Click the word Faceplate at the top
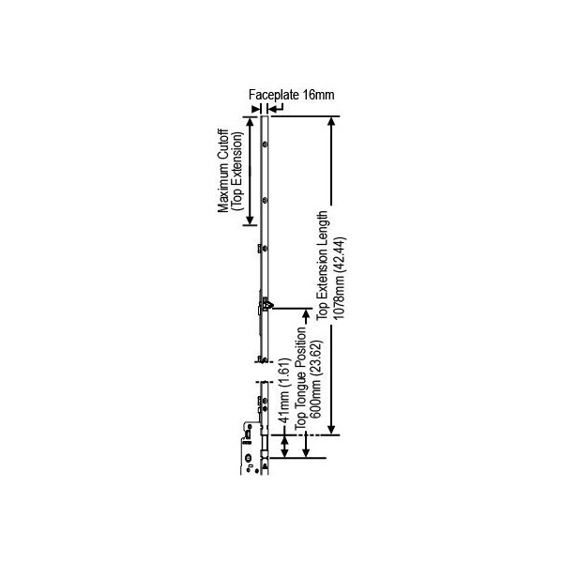coord(274,95)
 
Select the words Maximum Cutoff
coord(223,171)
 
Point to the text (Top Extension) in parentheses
coord(237,171)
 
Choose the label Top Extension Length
coord(322,266)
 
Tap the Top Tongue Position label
coord(300,377)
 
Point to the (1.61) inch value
coord(284,372)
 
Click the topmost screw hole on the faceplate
coord(265,145)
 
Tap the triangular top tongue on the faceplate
coord(268,305)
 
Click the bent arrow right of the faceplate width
coord(276,108)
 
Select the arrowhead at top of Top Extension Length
coord(332,121)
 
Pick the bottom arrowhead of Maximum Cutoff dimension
coord(251,221)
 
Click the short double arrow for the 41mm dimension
coord(284,447)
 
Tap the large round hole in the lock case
coord(249,458)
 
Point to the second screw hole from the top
coord(265,200)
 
